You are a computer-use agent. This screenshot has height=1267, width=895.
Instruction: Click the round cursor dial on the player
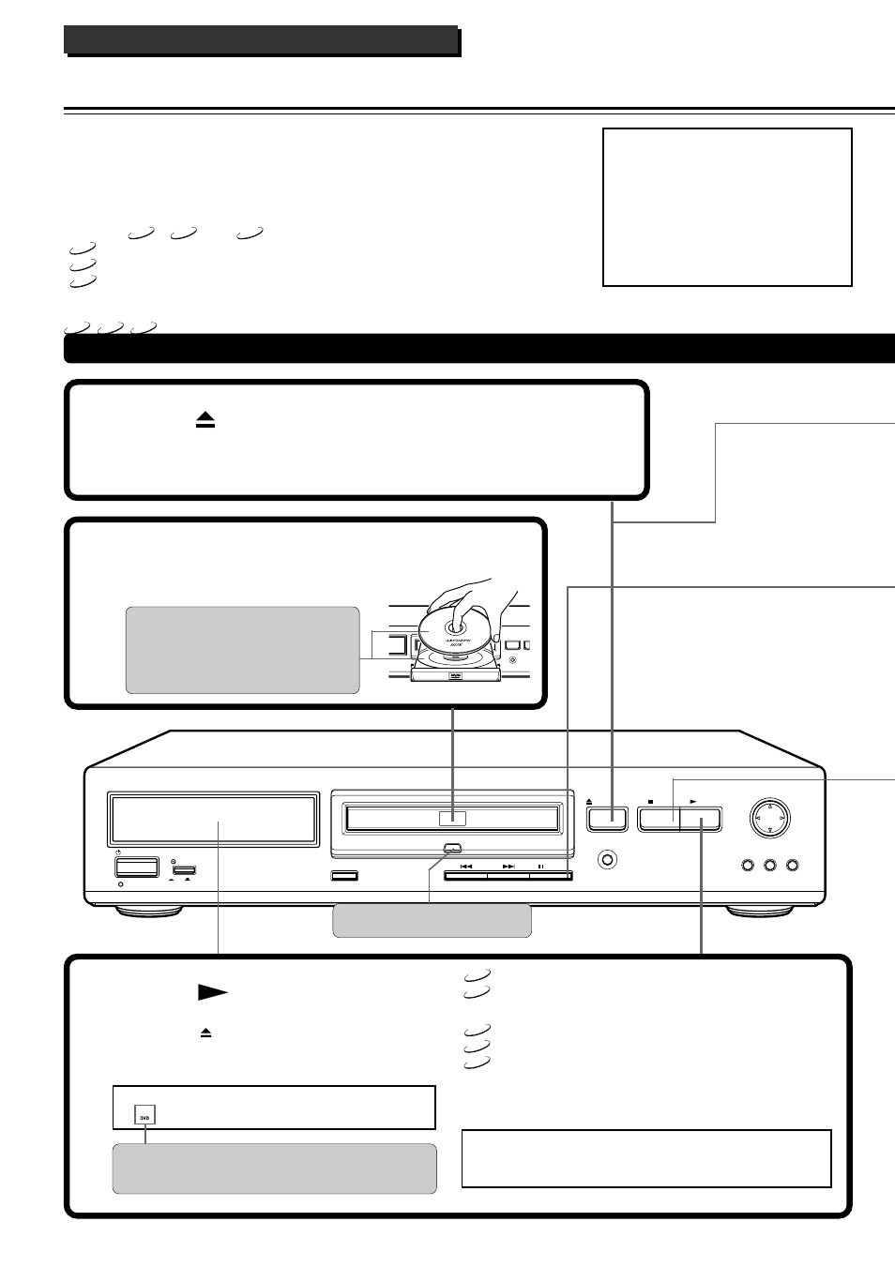tap(769, 818)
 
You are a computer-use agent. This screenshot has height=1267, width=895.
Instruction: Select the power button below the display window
tap(136, 867)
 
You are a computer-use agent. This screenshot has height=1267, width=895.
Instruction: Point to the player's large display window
tap(214, 819)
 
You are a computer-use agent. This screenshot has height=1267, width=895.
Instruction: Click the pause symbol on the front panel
tap(541, 867)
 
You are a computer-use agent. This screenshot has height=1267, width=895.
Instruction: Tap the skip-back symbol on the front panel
tap(466, 867)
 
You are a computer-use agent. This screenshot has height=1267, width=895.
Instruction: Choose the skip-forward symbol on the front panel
tap(508, 867)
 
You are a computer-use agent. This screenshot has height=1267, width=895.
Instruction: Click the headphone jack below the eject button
tap(608, 858)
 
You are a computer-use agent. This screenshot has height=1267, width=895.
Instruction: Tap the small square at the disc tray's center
tap(452, 818)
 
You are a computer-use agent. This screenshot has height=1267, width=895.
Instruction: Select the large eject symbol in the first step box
tap(205, 422)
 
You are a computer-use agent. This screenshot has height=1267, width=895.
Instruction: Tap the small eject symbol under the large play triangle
tap(206, 1033)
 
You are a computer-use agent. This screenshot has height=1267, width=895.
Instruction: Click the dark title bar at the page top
tap(261, 40)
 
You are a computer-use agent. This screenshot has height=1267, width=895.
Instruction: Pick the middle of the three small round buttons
tap(770, 865)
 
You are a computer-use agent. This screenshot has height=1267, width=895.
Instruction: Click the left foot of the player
tap(148, 912)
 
